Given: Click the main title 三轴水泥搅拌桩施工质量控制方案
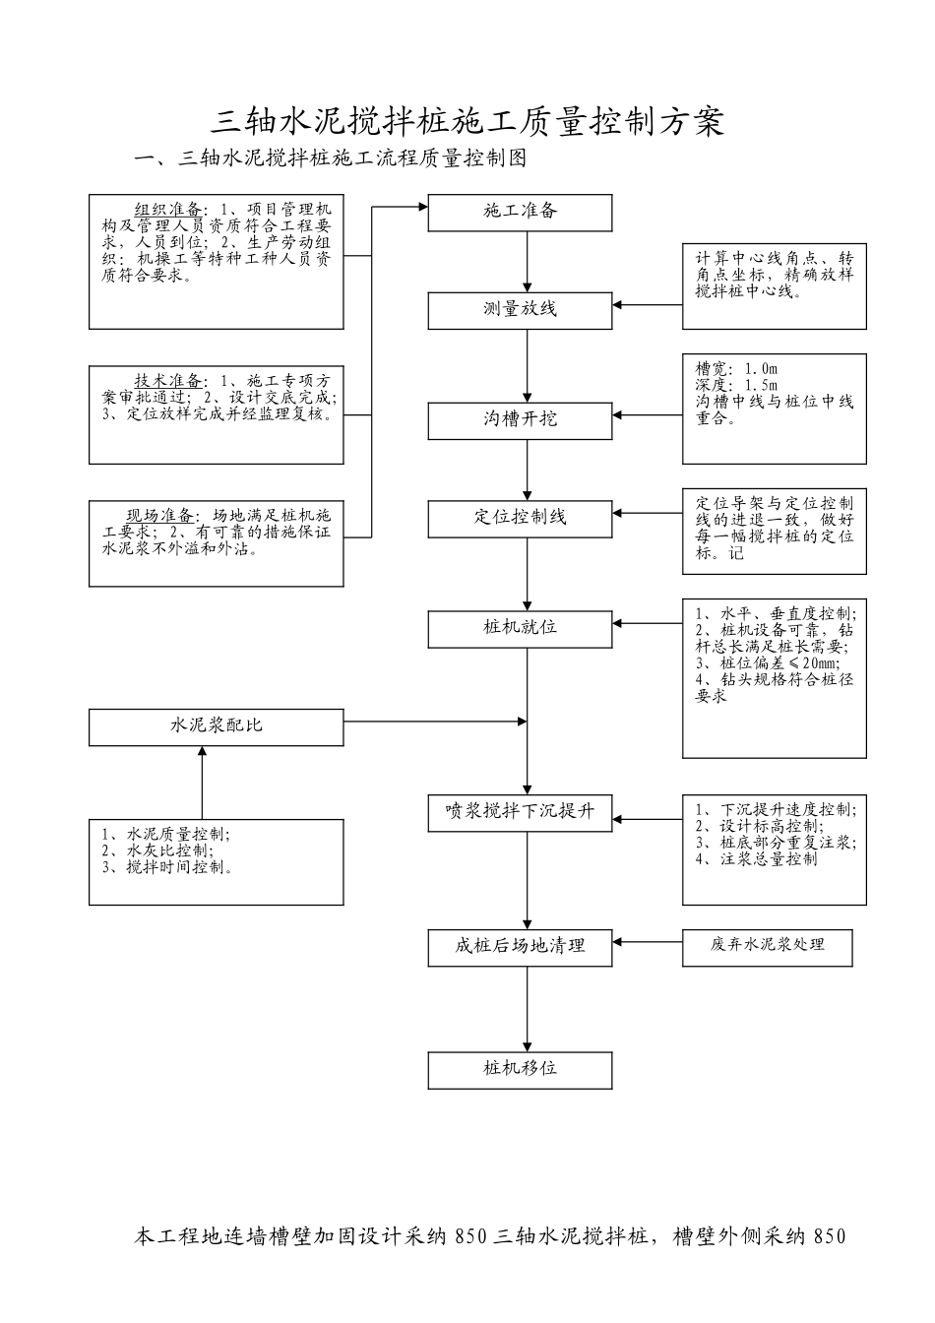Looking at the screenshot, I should [468, 121].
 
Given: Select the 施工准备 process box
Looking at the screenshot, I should [520, 212].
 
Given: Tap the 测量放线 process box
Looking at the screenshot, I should [520, 310].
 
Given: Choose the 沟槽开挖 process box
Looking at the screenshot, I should [520, 419].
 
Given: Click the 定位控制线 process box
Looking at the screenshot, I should [520, 518].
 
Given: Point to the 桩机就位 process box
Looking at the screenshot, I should [520, 627].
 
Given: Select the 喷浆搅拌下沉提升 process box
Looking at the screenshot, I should [520, 812].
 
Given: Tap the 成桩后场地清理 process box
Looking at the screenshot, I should [520, 946].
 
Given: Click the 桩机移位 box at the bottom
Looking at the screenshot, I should [520, 1069].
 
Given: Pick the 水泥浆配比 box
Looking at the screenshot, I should [217, 726].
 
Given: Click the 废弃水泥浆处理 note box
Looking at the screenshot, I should [767, 946].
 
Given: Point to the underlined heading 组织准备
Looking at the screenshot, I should [168, 210].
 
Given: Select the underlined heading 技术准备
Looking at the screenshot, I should [168, 381].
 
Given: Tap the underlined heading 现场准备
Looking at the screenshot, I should [161, 516].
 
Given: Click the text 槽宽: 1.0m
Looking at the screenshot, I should [737, 368].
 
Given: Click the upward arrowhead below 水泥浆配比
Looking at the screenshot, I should [202, 752].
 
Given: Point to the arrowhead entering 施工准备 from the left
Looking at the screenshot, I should [422, 207].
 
